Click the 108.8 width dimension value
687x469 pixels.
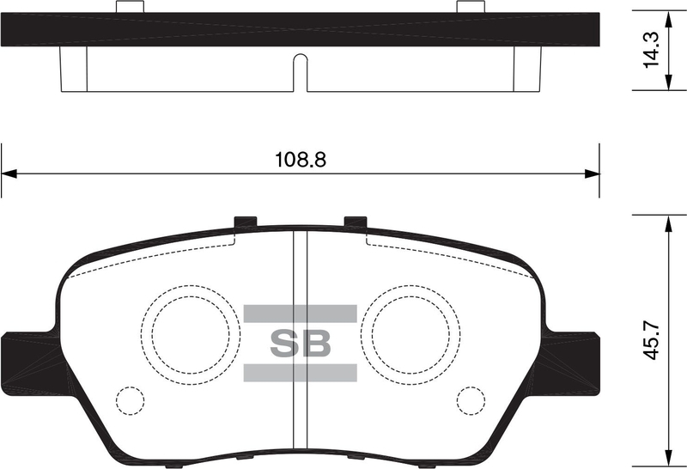(301, 160)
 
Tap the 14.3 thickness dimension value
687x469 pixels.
(652, 50)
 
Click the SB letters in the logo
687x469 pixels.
(300, 344)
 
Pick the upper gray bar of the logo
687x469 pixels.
(300, 314)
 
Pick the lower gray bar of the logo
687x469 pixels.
(300, 372)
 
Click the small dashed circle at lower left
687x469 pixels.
(131, 400)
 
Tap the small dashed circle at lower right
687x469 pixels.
(471, 400)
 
